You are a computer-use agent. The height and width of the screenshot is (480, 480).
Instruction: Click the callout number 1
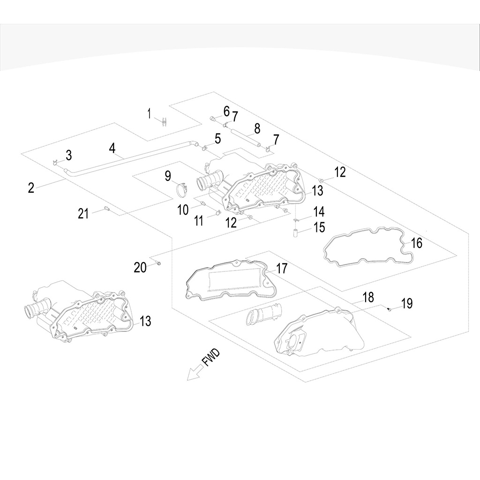coord(150,113)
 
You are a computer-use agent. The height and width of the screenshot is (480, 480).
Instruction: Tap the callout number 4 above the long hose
coord(112,148)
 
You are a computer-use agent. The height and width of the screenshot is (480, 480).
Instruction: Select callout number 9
coord(168,176)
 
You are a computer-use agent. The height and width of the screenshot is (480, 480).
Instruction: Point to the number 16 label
coord(416,243)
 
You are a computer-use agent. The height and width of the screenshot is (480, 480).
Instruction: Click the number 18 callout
coord(368,297)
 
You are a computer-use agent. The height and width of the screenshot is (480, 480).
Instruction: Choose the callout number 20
coord(140,267)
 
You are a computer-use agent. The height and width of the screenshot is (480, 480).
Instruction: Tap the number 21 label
coord(83,214)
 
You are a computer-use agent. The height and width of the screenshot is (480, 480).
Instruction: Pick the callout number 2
coord(31,188)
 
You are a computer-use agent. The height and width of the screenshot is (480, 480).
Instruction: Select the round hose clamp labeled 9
coord(181,191)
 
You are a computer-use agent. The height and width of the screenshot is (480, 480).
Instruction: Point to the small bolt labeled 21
coord(107,209)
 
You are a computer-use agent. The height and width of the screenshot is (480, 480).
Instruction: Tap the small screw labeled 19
coord(390,309)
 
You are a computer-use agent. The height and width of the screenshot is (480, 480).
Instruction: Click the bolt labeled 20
coord(158,263)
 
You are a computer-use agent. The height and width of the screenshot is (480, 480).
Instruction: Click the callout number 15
coord(319,227)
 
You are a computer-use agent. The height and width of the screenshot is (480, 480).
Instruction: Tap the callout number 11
coord(199,220)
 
